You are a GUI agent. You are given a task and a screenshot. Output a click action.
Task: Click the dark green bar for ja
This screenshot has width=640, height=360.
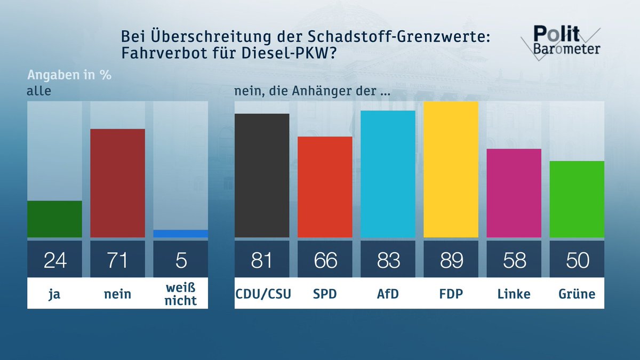coord(54,219)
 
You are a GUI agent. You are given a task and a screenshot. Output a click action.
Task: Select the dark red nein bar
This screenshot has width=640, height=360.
coord(117,183)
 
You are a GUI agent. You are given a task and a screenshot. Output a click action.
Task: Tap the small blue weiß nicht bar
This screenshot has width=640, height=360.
coord(180,234)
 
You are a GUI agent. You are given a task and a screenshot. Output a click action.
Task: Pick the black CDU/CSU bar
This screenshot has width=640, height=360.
coord(262,175)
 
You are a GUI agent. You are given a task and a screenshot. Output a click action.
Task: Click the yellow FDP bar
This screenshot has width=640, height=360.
coord(451,170)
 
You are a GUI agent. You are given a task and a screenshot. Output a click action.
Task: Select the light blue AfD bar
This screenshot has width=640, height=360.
coord(388,174)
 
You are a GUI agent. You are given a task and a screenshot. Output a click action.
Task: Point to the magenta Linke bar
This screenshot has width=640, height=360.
coord(514,193)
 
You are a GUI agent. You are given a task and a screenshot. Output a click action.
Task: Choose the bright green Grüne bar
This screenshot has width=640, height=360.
coord(577,199)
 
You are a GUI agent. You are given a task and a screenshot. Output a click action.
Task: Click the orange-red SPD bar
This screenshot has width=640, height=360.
coord(325,187)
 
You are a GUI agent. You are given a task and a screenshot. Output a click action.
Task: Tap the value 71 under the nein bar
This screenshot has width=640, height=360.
coord(117,260)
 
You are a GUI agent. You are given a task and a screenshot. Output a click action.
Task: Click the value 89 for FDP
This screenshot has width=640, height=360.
coord(451,260)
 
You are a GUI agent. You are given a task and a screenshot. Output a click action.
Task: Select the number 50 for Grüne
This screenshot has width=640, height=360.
coord(577,260)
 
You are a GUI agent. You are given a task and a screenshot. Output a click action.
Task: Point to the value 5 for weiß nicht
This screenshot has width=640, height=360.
coord(180,260)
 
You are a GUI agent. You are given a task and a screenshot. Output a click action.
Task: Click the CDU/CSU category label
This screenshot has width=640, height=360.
coord(262,294)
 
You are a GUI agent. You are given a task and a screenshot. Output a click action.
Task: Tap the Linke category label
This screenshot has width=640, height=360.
coord(514,294)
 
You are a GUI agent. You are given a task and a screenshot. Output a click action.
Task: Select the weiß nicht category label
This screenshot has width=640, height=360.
coord(180,294)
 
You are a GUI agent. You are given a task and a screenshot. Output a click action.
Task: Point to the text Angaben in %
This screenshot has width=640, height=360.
coord(69,75)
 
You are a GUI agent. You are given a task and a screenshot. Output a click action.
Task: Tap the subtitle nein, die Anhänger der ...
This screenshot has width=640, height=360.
coord(312,91)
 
